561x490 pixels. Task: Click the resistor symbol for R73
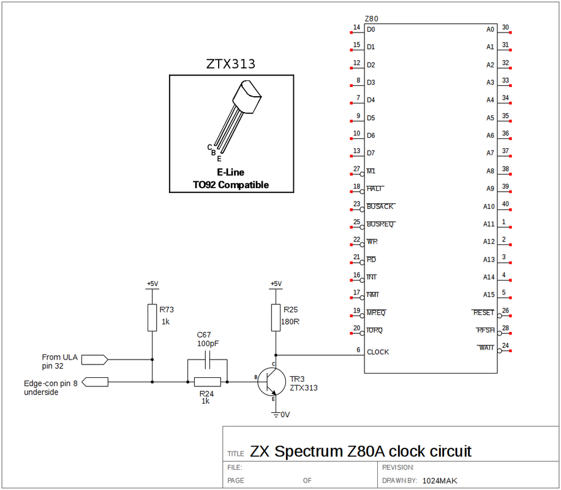click(x=152, y=317)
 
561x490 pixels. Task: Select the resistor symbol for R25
click(x=276, y=317)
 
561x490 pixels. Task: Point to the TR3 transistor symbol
click(x=269, y=382)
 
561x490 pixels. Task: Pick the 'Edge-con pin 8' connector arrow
click(x=95, y=382)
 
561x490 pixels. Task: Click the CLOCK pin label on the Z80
click(x=378, y=352)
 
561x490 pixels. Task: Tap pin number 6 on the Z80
click(x=358, y=350)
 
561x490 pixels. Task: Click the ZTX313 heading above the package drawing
click(x=230, y=64)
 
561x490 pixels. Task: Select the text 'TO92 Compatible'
click(x=230, y=184)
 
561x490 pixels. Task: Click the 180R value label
click(x=289, y=321)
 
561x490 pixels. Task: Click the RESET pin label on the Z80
click(x=483, y=312)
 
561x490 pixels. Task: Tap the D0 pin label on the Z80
click(x=371, y=29)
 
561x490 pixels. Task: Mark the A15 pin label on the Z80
click(x=488, y=295)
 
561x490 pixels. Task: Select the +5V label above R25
click(x=276, y=284)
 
